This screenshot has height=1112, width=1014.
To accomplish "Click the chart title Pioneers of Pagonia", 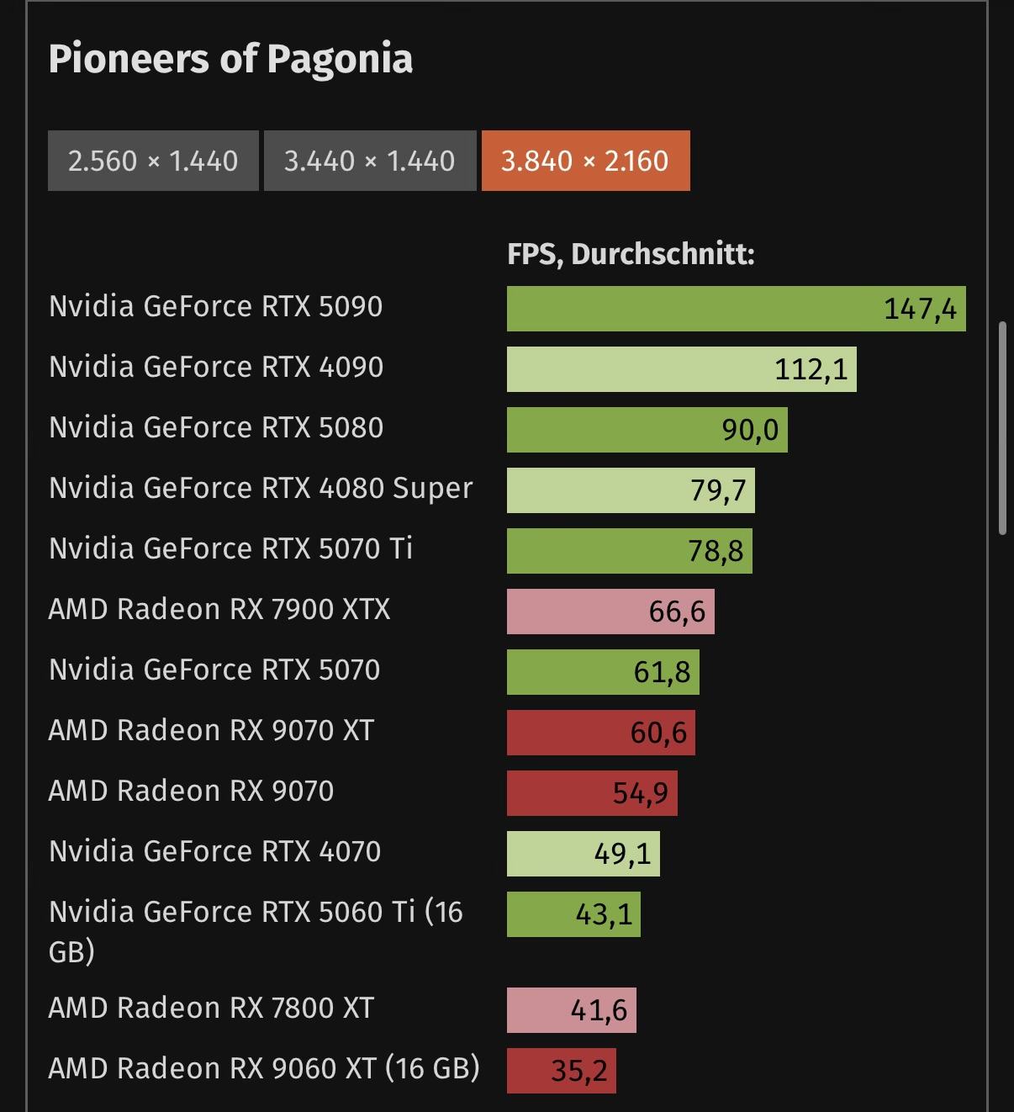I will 230,59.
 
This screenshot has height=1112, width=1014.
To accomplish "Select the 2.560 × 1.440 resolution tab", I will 153,161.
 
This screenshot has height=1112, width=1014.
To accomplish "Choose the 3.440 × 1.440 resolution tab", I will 370,161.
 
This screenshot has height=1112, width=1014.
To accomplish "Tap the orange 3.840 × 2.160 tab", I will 585,161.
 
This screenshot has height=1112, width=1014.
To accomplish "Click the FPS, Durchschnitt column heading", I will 631,254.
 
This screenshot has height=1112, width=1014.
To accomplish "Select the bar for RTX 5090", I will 736,309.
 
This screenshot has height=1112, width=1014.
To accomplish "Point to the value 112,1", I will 811,369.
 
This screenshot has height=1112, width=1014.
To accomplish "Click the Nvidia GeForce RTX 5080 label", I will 216,427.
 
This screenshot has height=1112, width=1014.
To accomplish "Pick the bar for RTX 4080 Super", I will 631,490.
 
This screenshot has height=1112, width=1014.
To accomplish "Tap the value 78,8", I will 716,551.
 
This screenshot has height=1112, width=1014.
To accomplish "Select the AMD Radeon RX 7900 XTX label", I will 219,609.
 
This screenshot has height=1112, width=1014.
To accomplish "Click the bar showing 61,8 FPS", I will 603,672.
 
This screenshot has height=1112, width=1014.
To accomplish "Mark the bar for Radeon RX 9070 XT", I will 600,733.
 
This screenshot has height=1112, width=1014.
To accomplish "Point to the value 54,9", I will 640,793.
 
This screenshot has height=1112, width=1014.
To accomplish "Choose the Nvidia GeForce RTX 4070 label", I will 215,851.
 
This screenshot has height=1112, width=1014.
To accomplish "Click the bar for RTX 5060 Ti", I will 573,914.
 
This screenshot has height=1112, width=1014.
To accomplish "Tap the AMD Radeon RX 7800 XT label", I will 211,1008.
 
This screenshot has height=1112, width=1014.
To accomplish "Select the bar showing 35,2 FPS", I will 561,1071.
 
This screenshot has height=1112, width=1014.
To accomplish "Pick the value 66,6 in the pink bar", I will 677,612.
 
